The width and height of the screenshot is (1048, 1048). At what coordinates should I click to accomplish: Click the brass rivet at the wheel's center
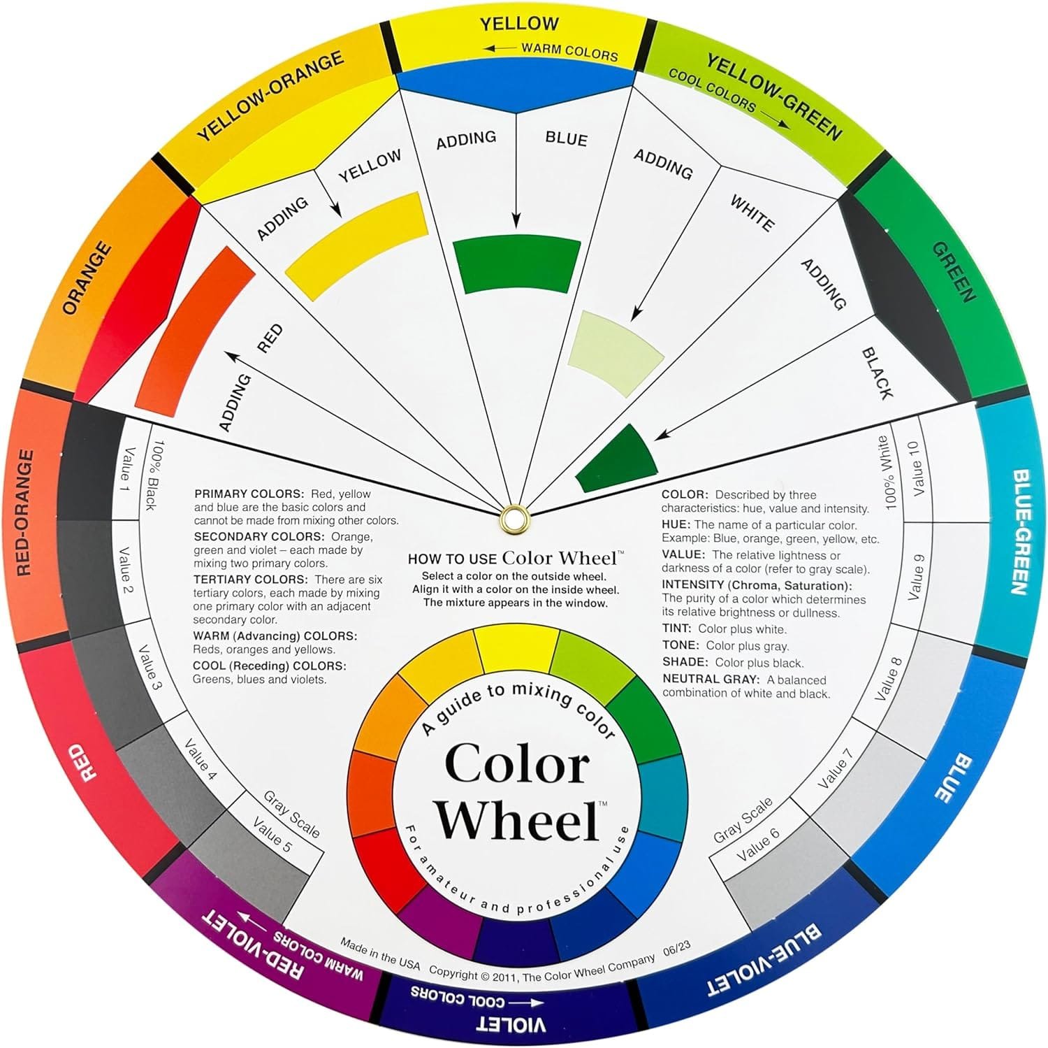515,518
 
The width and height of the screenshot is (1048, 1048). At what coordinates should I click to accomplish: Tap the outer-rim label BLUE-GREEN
1019,532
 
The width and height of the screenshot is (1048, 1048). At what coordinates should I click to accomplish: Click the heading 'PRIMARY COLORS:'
249,494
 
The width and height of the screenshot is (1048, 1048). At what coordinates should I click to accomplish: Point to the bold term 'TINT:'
677,629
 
